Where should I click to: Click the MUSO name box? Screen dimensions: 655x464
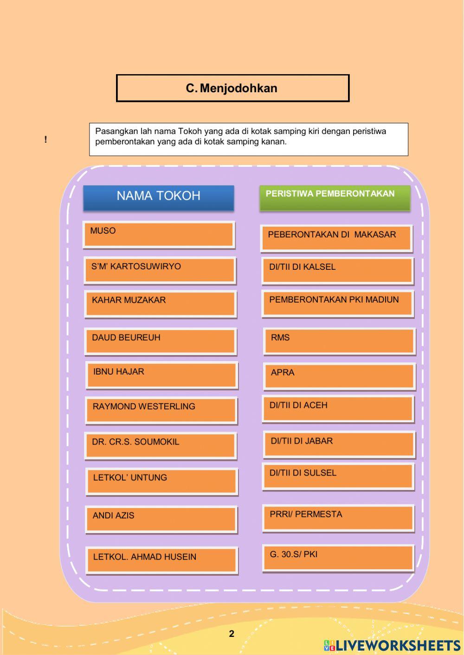point(159,234)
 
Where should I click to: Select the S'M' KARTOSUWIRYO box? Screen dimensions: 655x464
point(160,270)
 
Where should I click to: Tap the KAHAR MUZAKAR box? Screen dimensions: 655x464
point(161,304)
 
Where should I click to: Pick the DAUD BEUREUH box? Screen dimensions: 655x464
point(161,341)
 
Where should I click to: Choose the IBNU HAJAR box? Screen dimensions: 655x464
point(162,375)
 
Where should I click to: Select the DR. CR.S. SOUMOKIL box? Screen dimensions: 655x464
point(161,445)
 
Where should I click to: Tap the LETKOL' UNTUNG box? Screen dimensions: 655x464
point(161,481)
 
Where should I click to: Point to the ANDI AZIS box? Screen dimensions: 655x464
point(161,519)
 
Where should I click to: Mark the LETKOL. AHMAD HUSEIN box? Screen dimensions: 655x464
point(162,560)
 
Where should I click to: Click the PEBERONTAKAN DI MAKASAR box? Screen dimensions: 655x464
point(336,238)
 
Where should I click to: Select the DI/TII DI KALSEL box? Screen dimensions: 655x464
point(337,270)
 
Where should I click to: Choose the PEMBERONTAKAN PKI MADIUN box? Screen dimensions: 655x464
point(337,303)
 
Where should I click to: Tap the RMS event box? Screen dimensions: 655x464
point(339,341)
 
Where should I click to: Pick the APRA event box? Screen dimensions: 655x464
point(339,376)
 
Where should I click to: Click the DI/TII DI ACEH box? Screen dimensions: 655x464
point(337,408)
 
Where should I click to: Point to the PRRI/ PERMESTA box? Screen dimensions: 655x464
point(338,517)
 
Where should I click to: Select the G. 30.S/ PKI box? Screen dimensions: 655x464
point(338,558)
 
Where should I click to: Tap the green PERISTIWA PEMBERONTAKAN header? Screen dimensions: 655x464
point(335,198)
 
